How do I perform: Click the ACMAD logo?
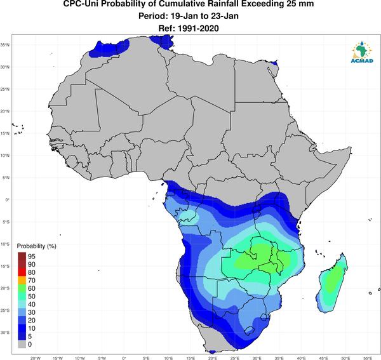coord(362,52)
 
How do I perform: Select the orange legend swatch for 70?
coord(22,281)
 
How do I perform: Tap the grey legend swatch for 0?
coord(22,344)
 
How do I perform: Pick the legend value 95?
coord(32,257)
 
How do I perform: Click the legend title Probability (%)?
coord(36,246)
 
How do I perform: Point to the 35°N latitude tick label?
coord(5,45)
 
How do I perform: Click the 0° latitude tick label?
coord(7,199)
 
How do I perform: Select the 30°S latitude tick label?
coord(5,332)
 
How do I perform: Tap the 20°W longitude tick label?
coord(36,358)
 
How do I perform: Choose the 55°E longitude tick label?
coord(368,358)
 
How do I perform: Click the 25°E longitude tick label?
coord(235,358)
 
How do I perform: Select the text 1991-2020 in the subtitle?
coord(198,29)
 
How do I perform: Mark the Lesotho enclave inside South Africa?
coord(249,330)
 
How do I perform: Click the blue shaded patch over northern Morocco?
coord(109,49)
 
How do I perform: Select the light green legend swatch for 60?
coord(22,288)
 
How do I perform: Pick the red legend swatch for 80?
coord(22,272)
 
